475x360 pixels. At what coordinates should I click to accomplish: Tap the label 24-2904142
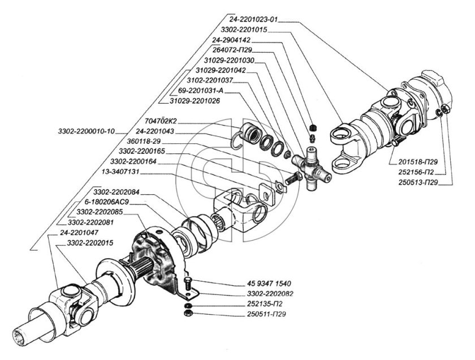pos(235,41)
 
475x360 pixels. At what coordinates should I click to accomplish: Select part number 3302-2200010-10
pos(87,131)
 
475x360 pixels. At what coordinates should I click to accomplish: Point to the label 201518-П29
pos(415,162)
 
